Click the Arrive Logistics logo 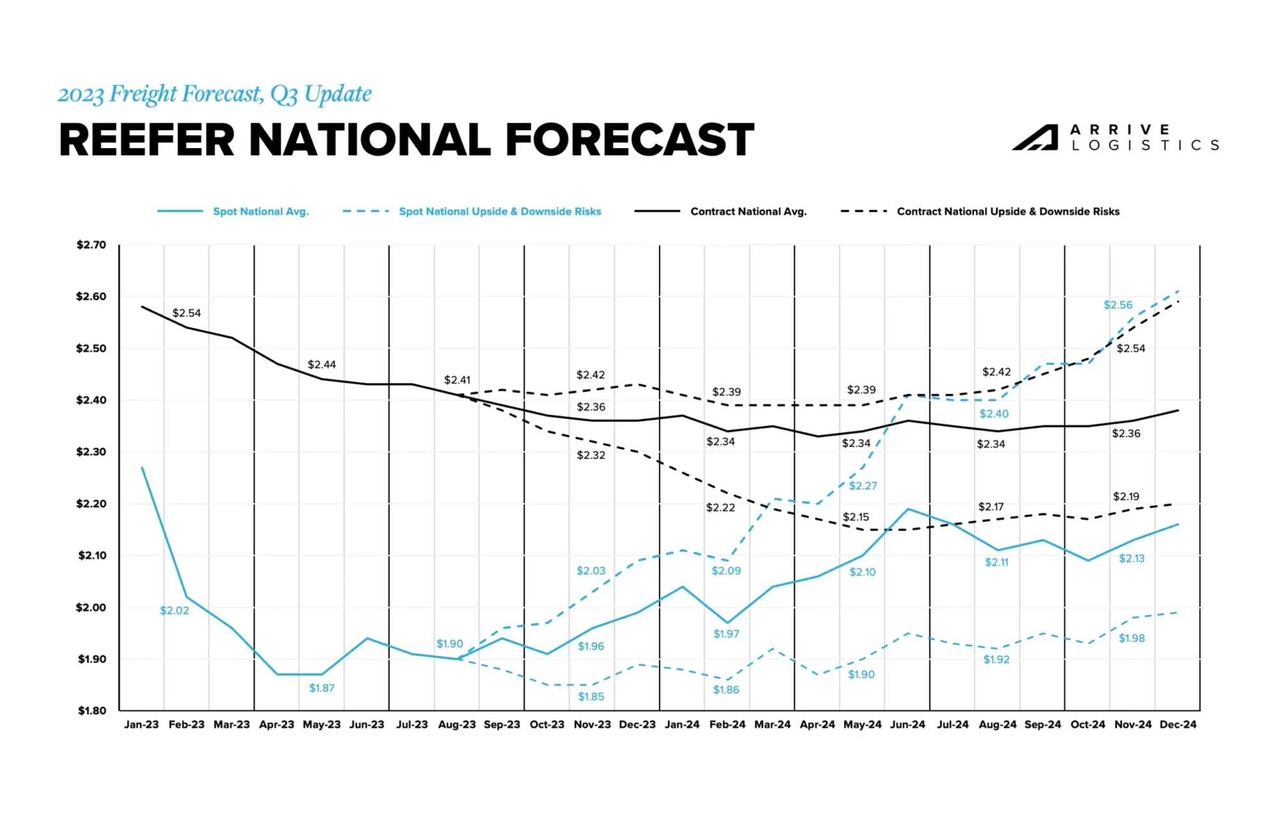pos(1115,138)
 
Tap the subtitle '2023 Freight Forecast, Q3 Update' pos(215,94)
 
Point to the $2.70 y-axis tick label pos(91,245)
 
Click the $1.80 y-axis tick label pos(92,710)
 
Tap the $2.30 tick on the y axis pos(91,452)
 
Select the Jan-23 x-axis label pos(141,724)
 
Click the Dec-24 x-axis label pos(1178,724)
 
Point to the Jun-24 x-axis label pos(907,724)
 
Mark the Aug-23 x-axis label pos(457,724)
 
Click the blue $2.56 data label pos(1118,305)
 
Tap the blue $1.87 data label pos(322,688)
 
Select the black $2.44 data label pos(322,365)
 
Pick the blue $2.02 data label pos(174,611)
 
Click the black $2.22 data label pos(720,508)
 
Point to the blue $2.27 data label pos(863,486)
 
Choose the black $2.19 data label pos(1126,496)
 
